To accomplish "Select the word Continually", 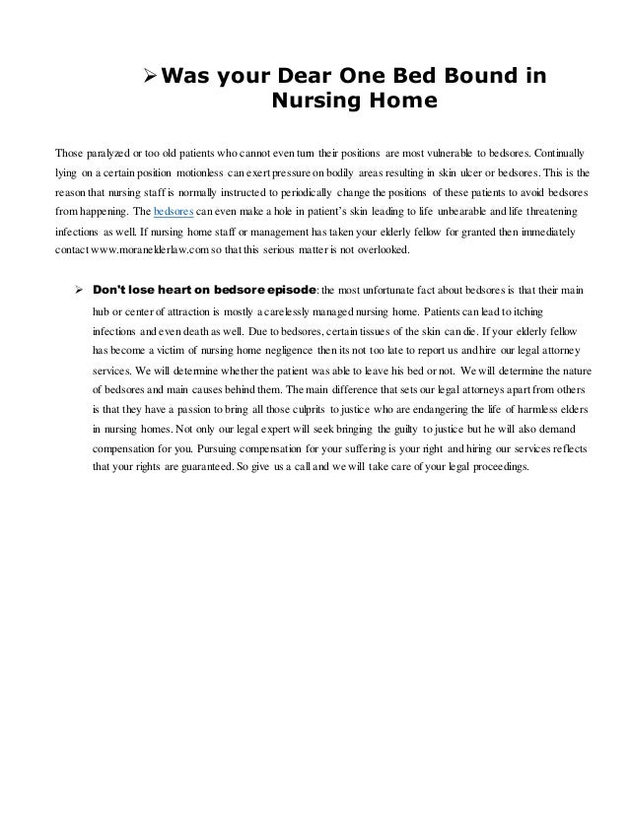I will point(554,154).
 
